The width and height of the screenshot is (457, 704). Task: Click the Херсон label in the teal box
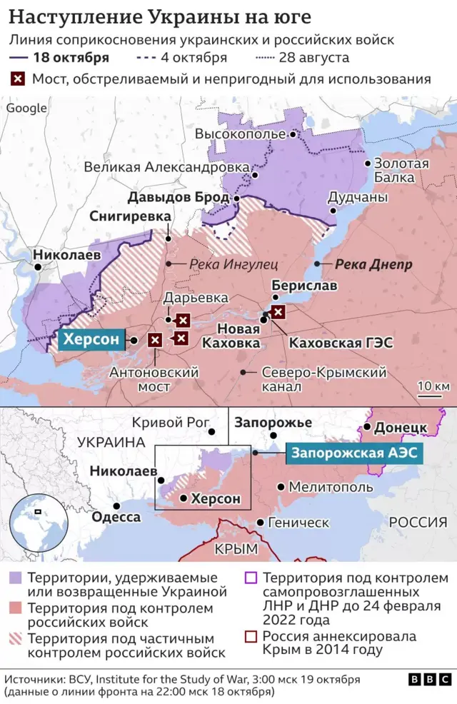pyautogui.click(x=91, y=341)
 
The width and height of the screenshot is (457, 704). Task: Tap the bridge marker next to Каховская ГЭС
pyautogui.click(x=278, y=311)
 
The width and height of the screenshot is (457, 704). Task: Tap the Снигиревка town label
pyautogui.click(x=130, y=216)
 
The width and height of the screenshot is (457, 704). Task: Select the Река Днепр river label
pyautogui.click(x=373, y=264)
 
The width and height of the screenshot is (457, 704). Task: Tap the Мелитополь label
pyautogui.click(x=330, y=487)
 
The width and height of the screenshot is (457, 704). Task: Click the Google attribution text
pyautogui.click(x=26, y=109)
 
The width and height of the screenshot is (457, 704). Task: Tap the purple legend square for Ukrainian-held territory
pyautogui.click(x=16, y=578)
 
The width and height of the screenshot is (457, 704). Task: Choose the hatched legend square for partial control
pyautogui.click(x=16, y=638)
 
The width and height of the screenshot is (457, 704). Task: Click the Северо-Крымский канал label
pyautogui.click(x=324, y=379)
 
